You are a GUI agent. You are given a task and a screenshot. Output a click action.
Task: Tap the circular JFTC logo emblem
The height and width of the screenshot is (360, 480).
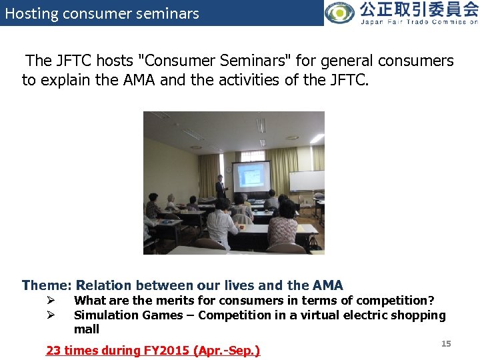coord(340,13)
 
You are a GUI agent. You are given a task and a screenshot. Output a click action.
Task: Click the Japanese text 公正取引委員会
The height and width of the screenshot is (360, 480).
coord(418,9)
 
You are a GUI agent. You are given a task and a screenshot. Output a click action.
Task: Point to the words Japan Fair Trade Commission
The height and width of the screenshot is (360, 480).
coord(419,22)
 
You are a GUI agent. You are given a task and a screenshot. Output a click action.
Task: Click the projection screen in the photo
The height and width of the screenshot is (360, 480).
coord(251,177)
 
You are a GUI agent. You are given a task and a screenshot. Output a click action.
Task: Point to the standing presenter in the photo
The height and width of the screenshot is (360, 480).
coord(220,186)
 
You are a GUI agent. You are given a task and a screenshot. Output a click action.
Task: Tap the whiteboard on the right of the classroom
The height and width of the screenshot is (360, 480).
coord(307,181)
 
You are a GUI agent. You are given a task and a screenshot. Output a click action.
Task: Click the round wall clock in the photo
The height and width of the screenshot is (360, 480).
coord(227,169)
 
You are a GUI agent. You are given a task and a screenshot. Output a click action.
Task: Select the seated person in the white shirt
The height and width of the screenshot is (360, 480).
coord(221,223)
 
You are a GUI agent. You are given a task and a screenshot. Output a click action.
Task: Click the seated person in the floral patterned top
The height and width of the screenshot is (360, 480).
coord(283,227)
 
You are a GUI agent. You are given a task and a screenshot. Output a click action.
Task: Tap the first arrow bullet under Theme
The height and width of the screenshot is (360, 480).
coord(49,301)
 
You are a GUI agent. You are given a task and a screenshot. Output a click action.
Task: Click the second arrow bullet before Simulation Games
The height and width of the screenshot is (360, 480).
coord(49,315)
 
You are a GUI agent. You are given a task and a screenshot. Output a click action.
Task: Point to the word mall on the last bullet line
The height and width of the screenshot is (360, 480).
coord(87,329)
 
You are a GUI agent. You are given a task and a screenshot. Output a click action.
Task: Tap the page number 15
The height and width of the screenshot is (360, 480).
coord(446,344)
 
